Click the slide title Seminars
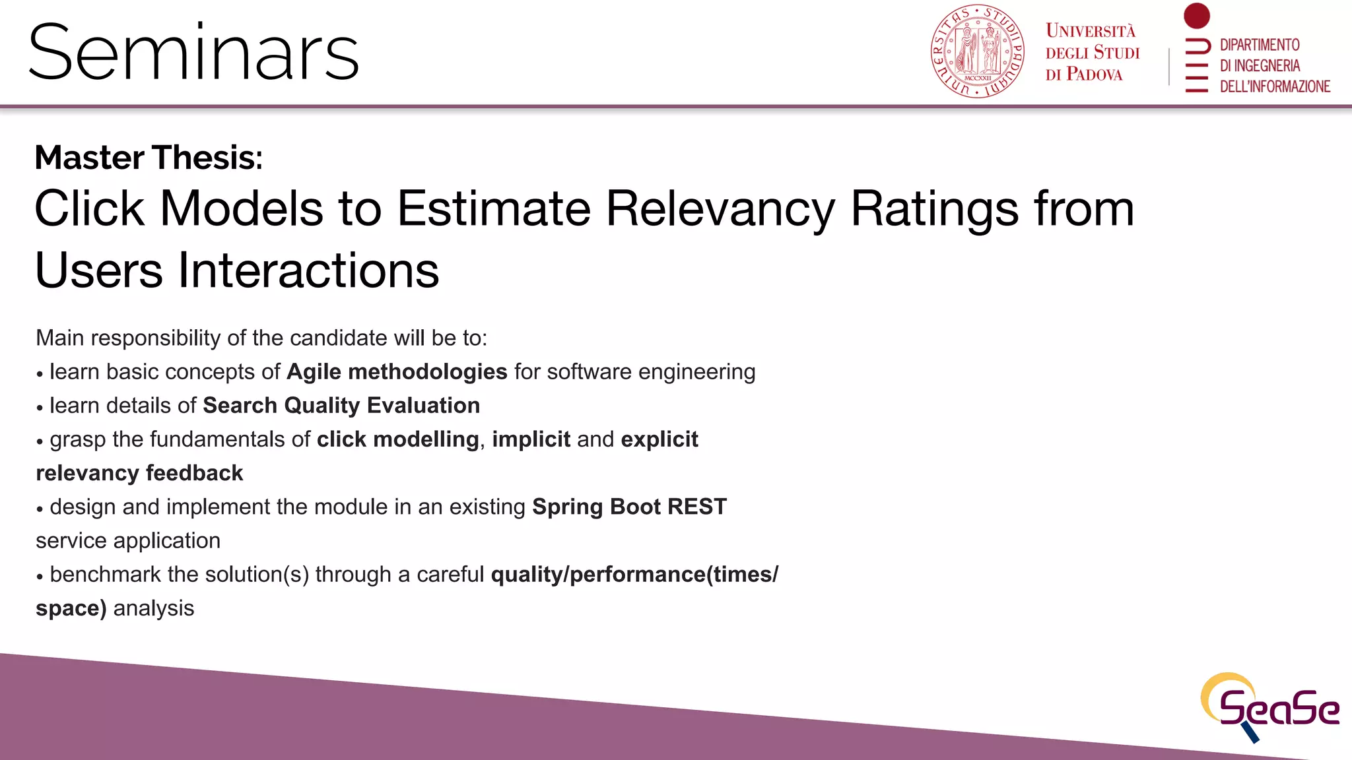(x=193, y=53)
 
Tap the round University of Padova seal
(x=977, y=51)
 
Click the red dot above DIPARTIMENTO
(x=1196, y=16)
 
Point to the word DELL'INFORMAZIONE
(x=1274, y=86)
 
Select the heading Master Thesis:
(x=149, y=158)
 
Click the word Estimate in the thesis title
(x=493, y=208)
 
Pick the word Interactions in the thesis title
(x=308, y=270)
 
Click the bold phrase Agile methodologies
(x=397, y=372)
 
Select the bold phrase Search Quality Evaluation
(x=341, y=406)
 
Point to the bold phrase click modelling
(x=397, y=439)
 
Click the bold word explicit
(x=659, y=439)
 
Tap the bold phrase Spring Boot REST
(x=629, y=507)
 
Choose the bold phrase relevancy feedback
(x=139, y=473)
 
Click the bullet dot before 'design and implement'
(x=40, y=509)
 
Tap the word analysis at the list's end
(x=154, y=608)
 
